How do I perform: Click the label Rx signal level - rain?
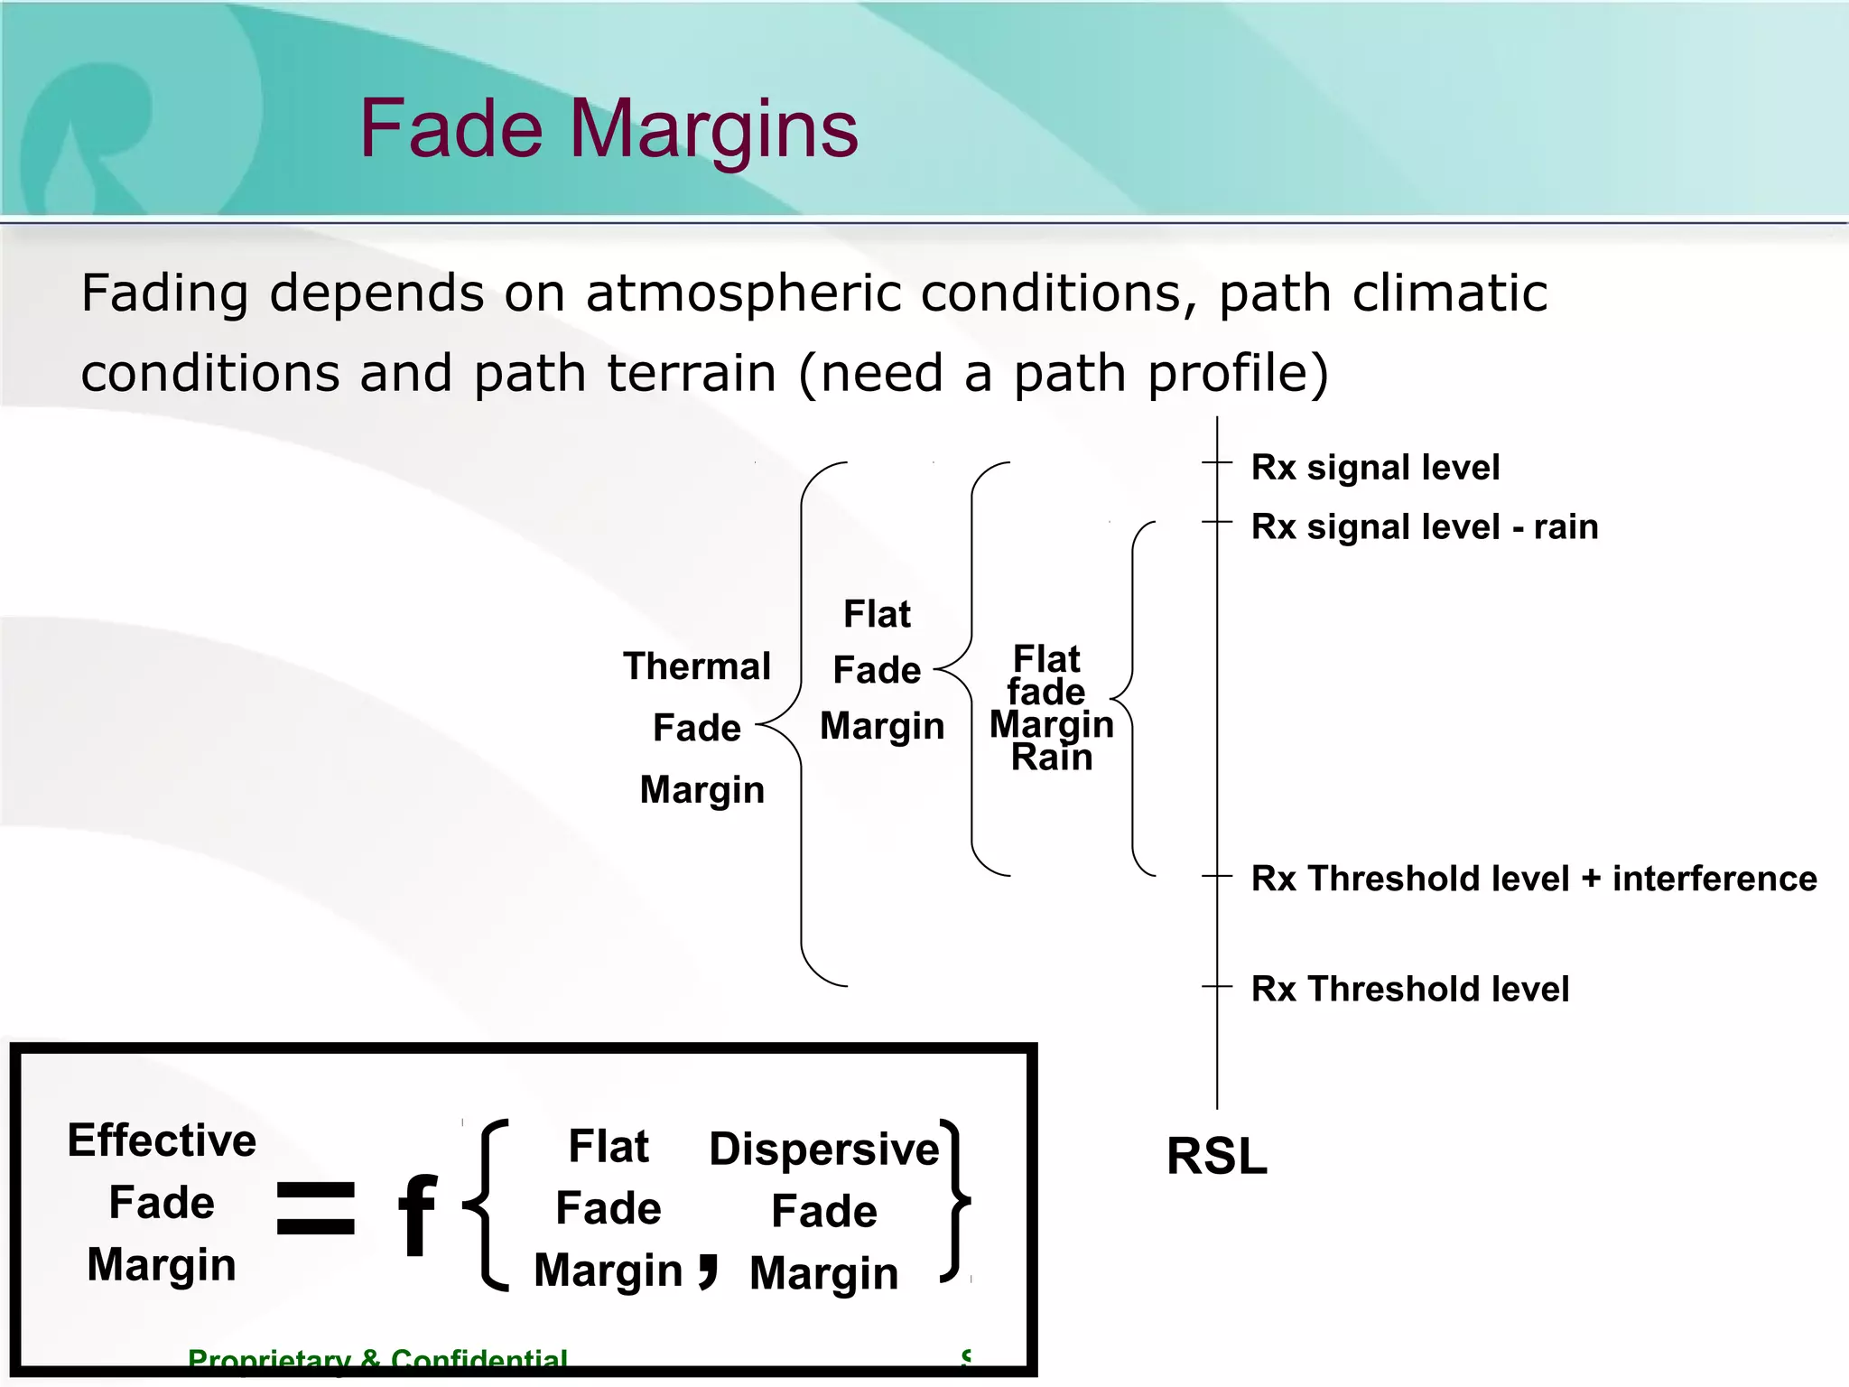tap(1424, 526)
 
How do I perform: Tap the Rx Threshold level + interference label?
tap(1533, 878)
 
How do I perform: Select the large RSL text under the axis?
tap(1216, 1156)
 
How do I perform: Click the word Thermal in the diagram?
tap(696, 666)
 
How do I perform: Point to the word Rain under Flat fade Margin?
tap(1051, 758)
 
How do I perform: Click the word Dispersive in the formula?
tap(823, 1149)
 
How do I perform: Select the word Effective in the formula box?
tap(162, 1140)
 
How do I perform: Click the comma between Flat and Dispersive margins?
tap(709, 1271)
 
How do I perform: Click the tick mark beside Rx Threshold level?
tap(1217, 987)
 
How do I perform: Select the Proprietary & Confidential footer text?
tap(377, 1359)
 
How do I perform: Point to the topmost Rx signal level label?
tap(1374, 468)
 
